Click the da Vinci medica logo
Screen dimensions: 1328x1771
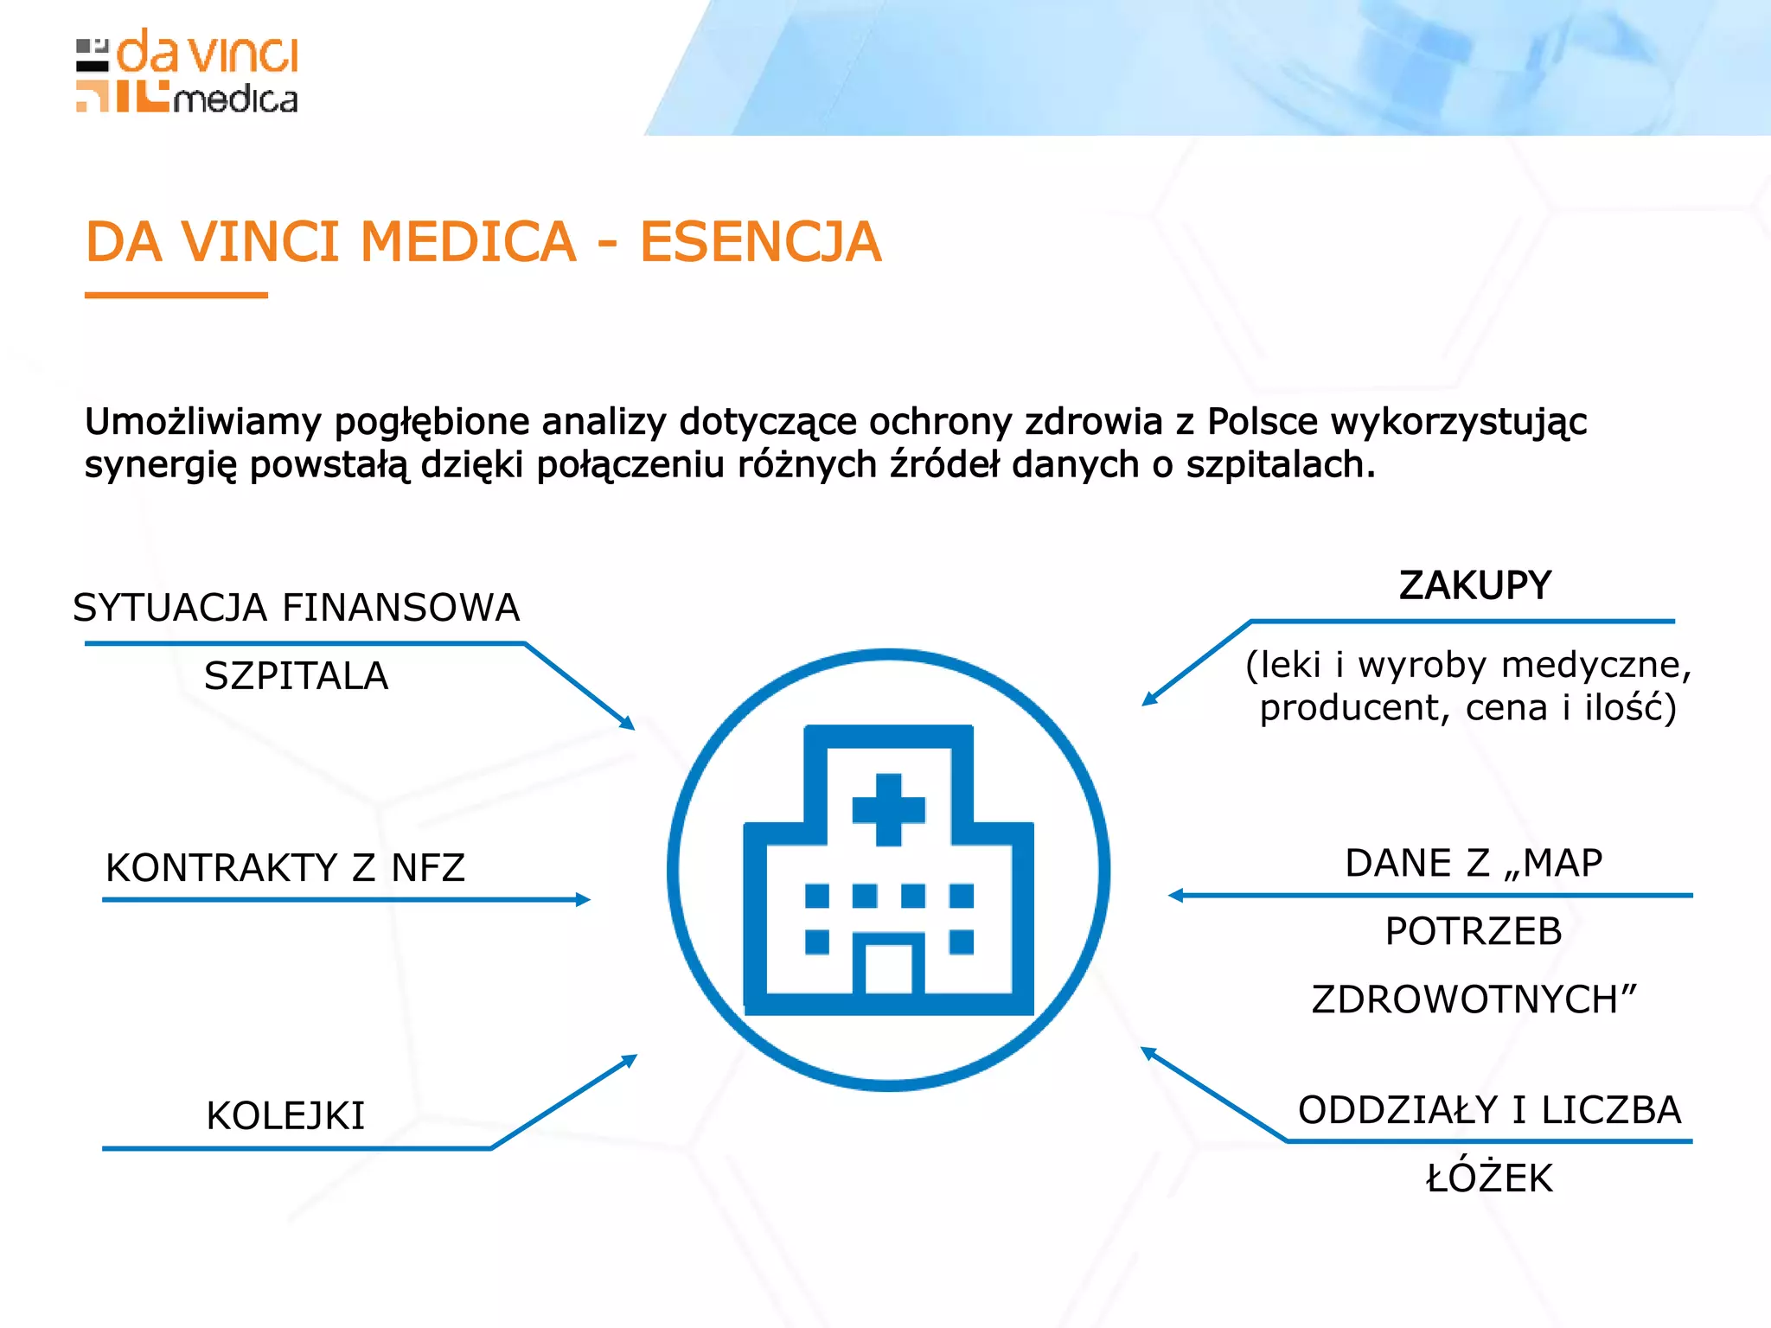point(188,72)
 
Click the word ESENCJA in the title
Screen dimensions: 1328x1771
point(760,242)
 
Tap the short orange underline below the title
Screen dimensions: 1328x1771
point(176,296)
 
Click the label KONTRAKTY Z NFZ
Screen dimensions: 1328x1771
point(285,868)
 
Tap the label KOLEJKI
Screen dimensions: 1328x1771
point(285,1116)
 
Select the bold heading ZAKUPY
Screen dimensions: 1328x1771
point(1475,586)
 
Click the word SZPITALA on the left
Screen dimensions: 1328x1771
point(296,676)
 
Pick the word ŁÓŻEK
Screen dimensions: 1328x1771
point(1489,1178)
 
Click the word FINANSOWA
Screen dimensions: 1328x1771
point(401,609)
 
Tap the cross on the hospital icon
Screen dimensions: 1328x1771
point(889,810)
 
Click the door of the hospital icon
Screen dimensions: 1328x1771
point(889,968)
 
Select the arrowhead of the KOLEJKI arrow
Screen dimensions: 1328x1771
point(630,1059)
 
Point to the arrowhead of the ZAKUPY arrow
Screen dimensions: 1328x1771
point(1148,699)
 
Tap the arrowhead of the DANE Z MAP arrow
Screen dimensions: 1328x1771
point(1175,896)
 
